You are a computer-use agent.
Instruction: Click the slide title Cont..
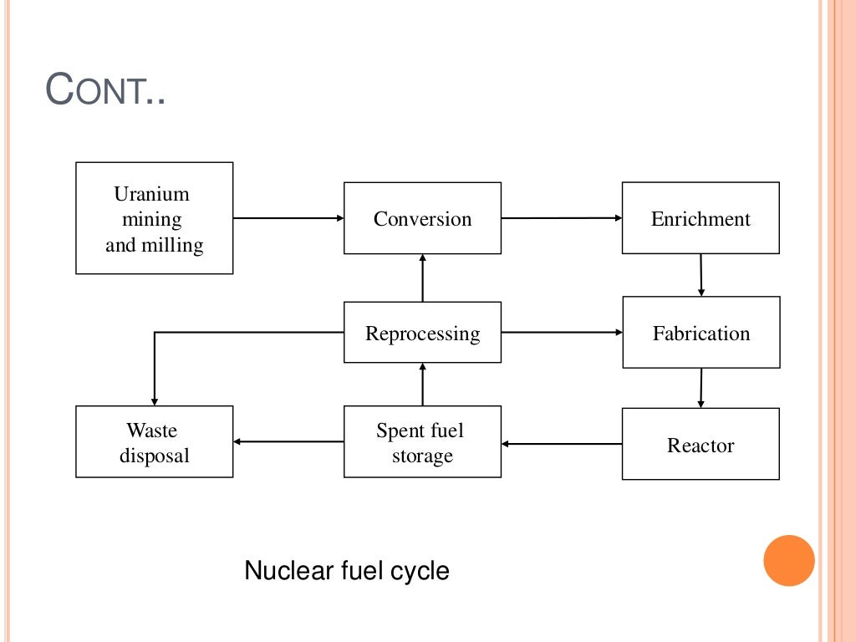point(104,89)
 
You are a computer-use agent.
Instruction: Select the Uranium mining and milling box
point(155,219)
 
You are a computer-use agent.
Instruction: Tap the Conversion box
point(422,219)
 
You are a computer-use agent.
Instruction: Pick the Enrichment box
point(701,219)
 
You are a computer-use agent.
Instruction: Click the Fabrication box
point(701,333)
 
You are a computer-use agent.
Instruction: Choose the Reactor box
point(701,445)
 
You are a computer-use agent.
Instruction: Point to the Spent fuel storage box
point(422,442)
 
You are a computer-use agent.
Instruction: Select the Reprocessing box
point(422,333)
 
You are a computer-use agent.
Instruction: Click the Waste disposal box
point(155,442)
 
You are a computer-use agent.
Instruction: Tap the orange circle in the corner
point(788,561)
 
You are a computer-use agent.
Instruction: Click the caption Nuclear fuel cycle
point(346,571)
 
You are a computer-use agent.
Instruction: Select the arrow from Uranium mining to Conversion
point(288,218)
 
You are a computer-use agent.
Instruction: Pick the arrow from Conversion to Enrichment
point(562,218)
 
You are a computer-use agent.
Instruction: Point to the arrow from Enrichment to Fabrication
point(701,275)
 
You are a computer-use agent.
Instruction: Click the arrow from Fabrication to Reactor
point(701,388)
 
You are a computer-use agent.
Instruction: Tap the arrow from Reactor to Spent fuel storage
point(562,444)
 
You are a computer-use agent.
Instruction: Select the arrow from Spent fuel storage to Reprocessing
point(423,385)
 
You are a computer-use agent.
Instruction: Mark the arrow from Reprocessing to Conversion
point(423,278)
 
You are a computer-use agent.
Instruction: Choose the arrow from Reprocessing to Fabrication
point(562,333)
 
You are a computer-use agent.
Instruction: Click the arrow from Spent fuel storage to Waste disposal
point(288,441)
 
